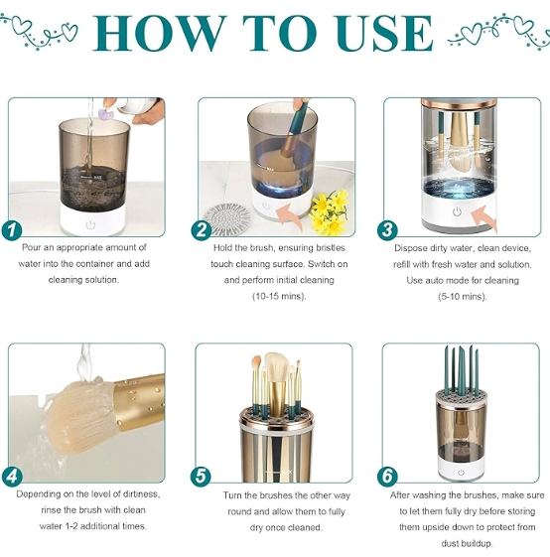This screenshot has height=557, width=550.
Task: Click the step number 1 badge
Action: pyautogui.click(x=12, y=229)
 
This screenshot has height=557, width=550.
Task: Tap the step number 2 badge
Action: pyautogui.click(x=202, y=229)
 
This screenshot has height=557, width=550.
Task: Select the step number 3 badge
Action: pyautogui.click(x=387, y=229)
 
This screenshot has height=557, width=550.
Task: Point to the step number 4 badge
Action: pyautogui.click(x=12, y=477)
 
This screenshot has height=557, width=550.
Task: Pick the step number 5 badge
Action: pyautogui.click(x=201, y=477)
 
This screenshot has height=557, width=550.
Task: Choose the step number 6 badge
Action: pyautogui.click(x=387, y=477)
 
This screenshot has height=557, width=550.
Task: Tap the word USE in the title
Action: pyautogui.click(x=384, y=34)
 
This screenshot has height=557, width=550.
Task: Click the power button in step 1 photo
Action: pyautogui.click(x=90, y=224)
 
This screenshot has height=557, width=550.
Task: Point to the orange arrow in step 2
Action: pyautogui.click(x=291, y=214)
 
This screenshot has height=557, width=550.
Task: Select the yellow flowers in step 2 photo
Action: pyautogui.click(x=330, y=211)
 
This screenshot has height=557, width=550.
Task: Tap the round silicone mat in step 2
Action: pyautogui.click(x=226, y=218)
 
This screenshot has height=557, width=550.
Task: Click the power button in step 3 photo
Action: pyautogui.click(x=457, y=211)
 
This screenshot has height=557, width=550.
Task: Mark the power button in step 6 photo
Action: pyautogui.click(x=461, y=472)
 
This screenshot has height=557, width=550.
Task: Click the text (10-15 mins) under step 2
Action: pyautogui.click(x=279, y=296)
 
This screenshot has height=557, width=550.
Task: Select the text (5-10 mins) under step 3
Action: pyautogui.click(x=462, y=296)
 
